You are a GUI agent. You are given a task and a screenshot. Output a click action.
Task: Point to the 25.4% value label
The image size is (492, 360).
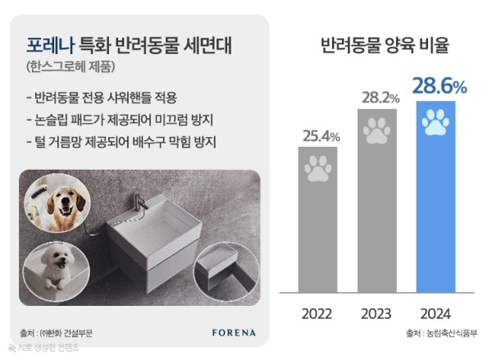[x=319, y=135]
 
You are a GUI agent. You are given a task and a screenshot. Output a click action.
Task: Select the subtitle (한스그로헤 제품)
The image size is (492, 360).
[x=70, y=66]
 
